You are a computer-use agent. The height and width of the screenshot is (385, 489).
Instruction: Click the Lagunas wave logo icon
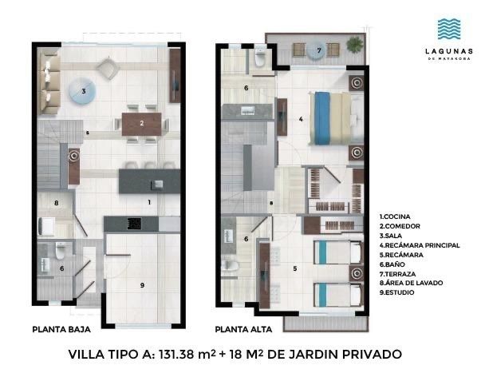pyautogui.click(x=449, y=29)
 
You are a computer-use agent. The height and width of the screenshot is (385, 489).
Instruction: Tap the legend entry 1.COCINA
pyautogui.click(x=395, y=216)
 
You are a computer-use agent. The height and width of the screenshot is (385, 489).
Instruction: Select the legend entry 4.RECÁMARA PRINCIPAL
pyautogui.click(x=420, y=245)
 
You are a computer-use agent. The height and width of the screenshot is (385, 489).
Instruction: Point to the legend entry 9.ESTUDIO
pyautogui.click(x=396, y=292)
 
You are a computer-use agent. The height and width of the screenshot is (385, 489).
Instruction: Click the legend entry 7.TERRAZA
pyautogui.click(x=397, y=274)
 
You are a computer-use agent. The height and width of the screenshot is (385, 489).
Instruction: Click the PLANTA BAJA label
pyautogui.click(x=61, y=329)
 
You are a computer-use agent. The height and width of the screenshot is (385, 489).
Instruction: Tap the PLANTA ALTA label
pyautogui.click(x=243, y=329)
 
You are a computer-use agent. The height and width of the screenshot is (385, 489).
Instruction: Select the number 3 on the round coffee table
pyautogui.click(x=84, y=92)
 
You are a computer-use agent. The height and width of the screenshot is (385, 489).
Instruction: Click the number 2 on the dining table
pyautogui.click(x=141, y=123)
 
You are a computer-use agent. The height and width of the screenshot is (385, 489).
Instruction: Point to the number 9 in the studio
pyautogui.click(x=142, y=285)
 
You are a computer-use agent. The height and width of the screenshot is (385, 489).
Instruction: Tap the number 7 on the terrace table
pyautogui.click(x=319, y=50)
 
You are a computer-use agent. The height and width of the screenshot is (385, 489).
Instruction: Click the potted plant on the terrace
pyautogui.click(x=355, y=45)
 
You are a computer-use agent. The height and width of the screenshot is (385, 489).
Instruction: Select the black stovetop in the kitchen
pyautogui.click(x=134, y=224)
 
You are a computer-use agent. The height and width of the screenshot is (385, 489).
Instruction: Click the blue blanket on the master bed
pyautogui.click(x=322, y=118)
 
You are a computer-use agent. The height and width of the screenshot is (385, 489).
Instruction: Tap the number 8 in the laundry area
pyautogui.click(x=57, y=203)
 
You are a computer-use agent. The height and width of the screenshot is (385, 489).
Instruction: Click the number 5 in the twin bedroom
pyautogui.click(x=295, y=268)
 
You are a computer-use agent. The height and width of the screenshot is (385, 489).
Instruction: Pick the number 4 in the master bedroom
pyautogui.click(x=301, y=119)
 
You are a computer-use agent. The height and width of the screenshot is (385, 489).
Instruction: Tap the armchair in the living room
pyautogui.click(x=108, y=69)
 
